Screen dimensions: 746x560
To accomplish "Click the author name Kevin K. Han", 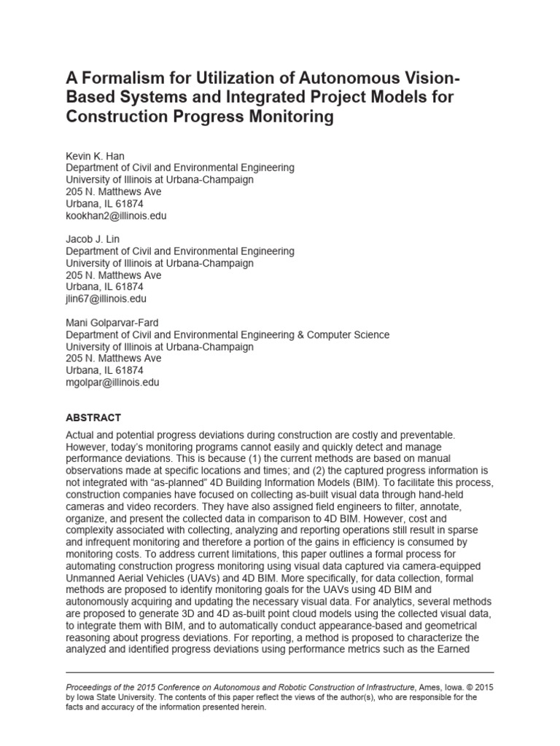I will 95,156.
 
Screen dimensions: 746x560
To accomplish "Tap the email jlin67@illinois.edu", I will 106,299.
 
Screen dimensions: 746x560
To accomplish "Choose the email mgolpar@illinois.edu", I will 112,382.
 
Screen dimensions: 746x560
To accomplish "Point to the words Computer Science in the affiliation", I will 349,335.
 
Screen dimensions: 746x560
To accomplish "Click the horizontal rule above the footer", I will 280,672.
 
